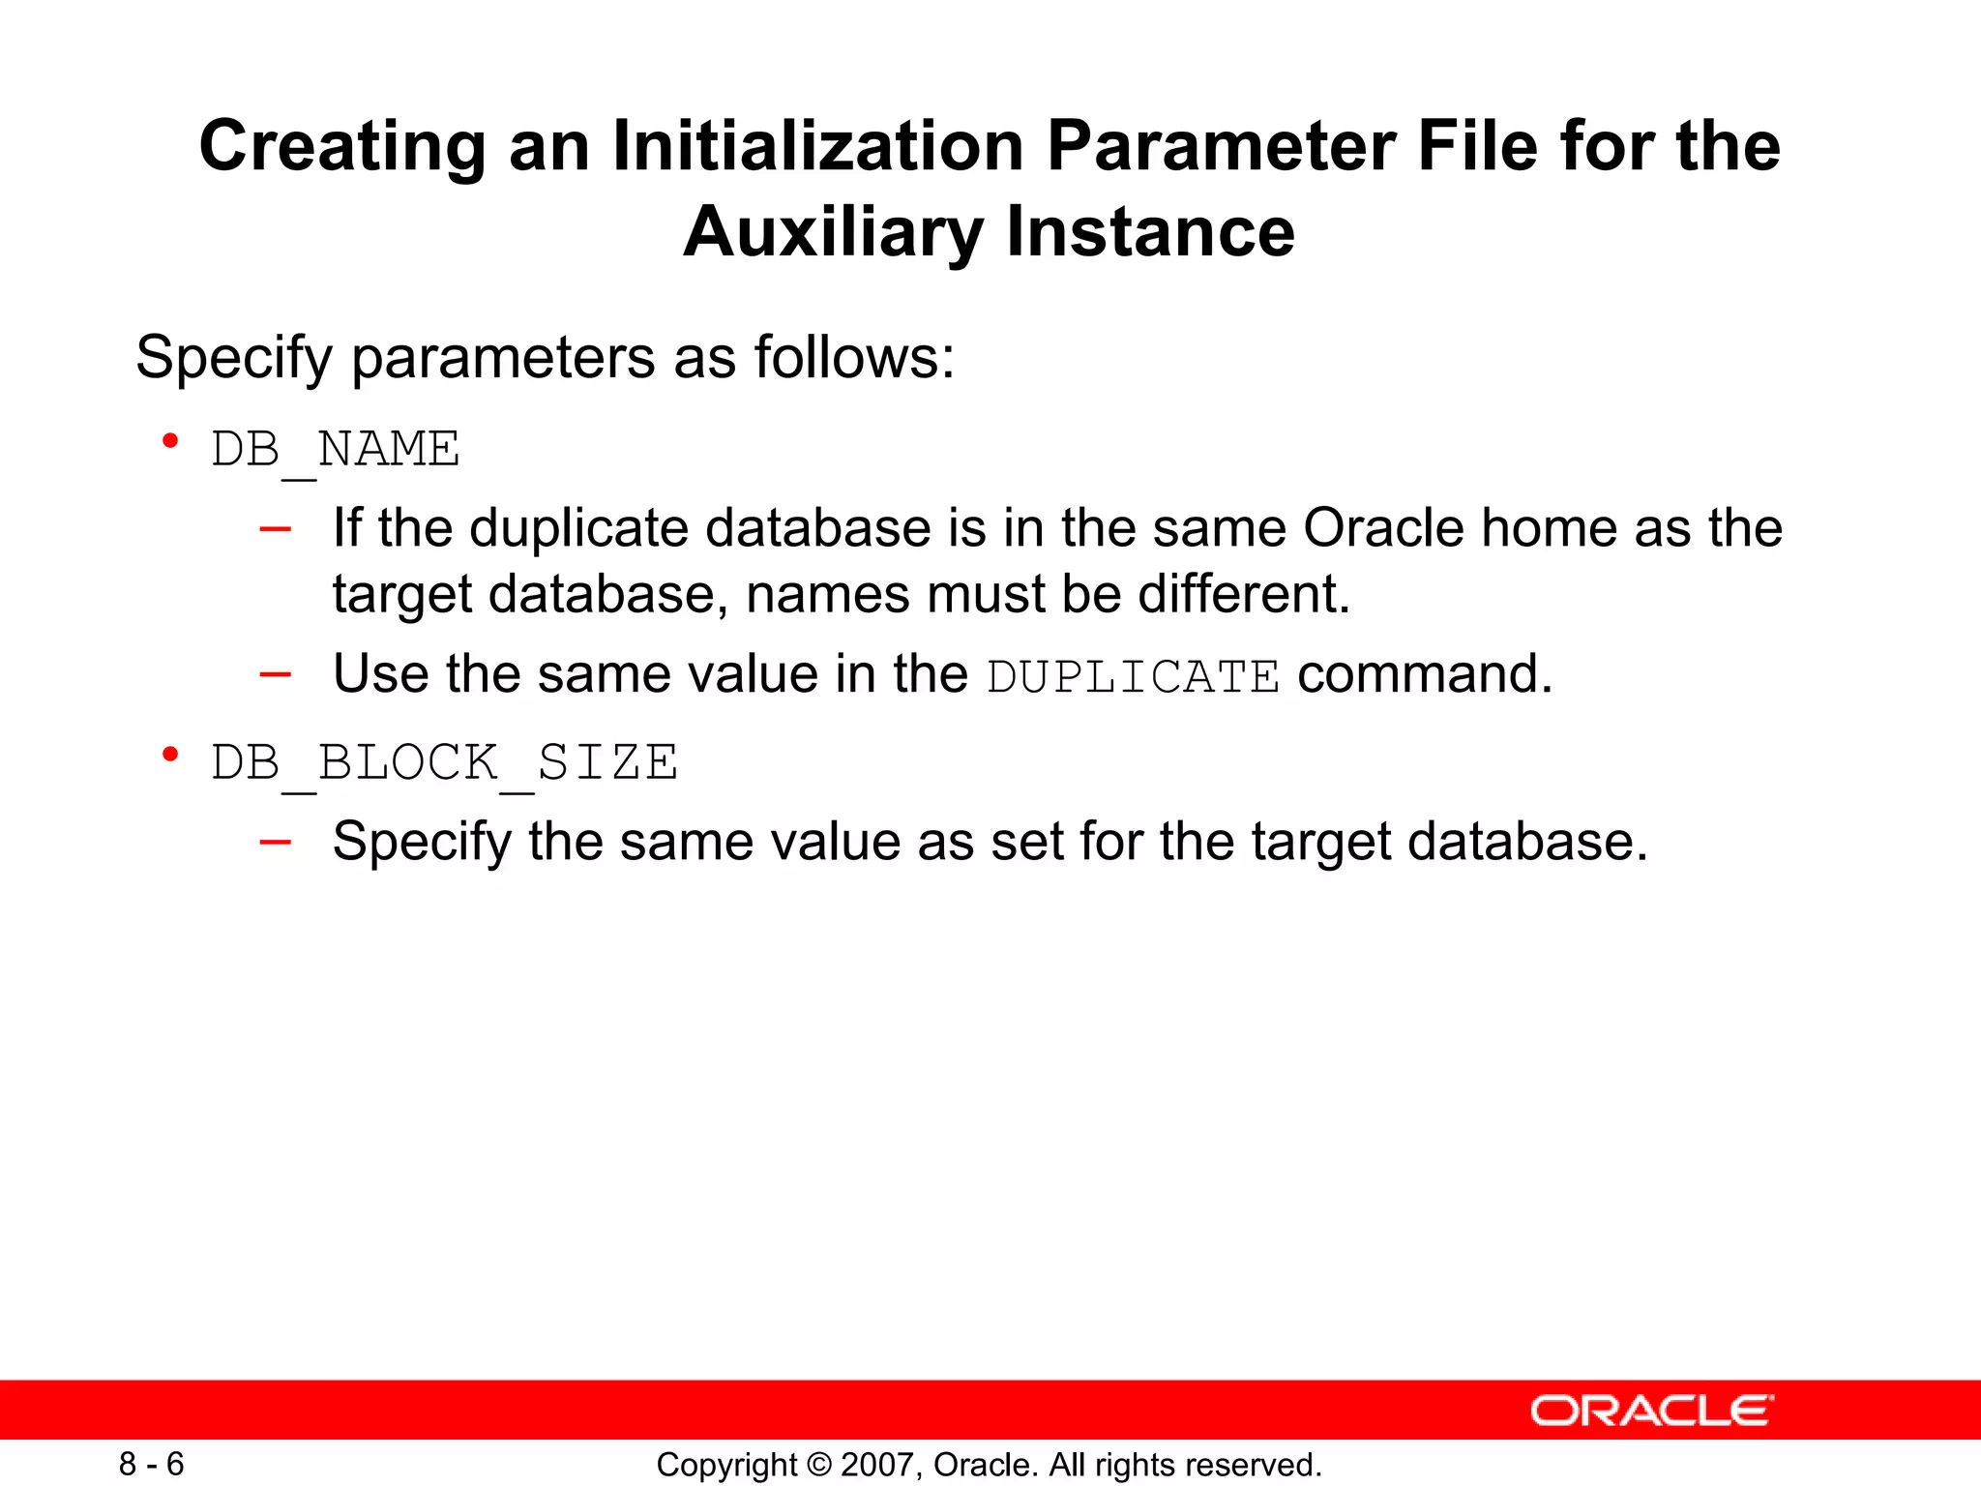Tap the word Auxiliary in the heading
pos(832,232)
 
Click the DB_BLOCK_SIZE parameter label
pos(444,763)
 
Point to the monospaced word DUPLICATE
pos(1133,676)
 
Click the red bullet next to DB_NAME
pos(171,442)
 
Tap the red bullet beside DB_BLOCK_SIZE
pos(171,755)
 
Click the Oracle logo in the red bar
pos(1651,1411)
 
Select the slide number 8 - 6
pos(151,1464)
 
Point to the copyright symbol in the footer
pos(819,1465)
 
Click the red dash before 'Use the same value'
pos(275,674)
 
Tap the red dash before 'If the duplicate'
pos(275,529)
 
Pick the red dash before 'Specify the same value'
pos(275,842)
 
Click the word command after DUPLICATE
pos(1423,674)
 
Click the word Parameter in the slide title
pos(1220,147)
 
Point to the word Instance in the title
pos(1149,232)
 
